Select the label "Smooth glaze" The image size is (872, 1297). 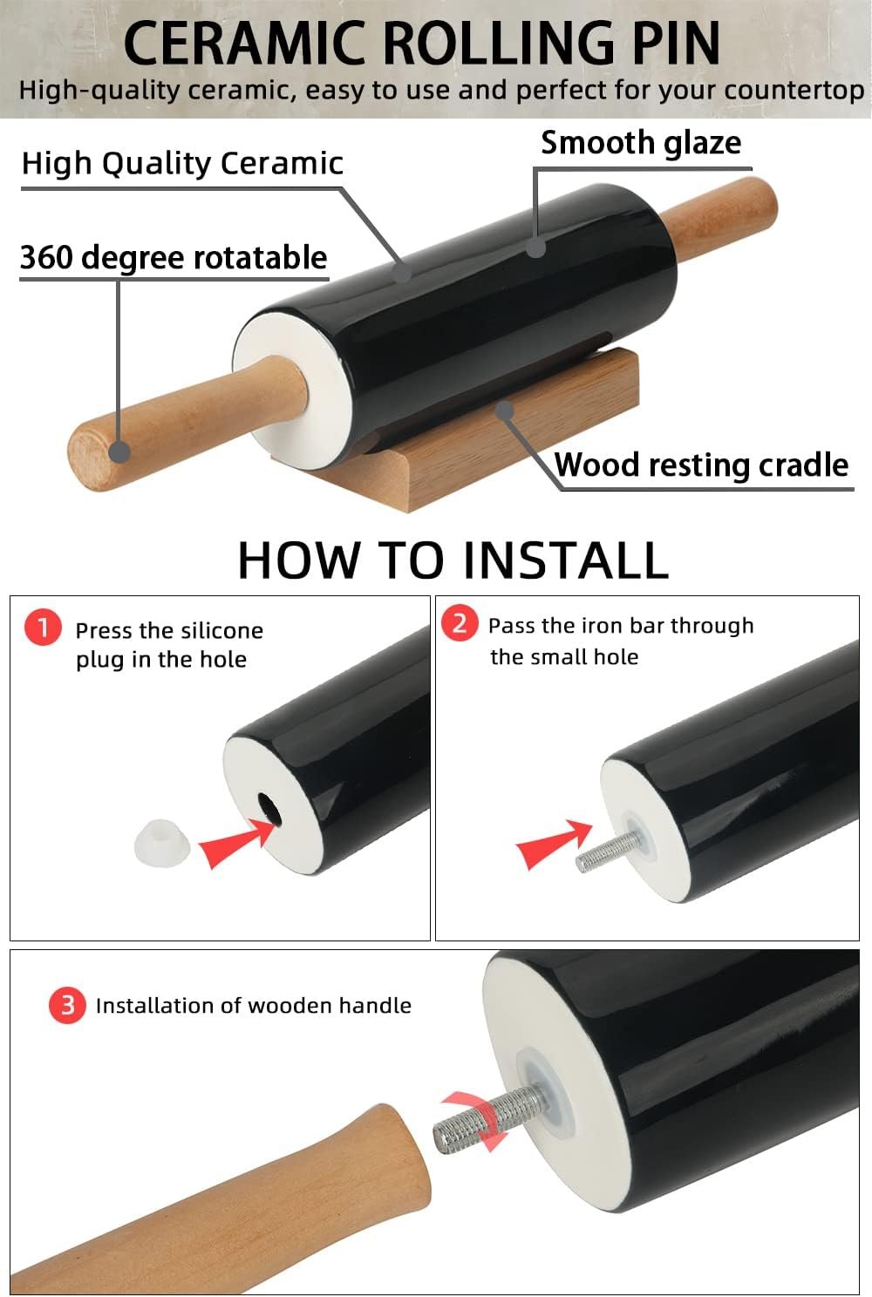[641, 143]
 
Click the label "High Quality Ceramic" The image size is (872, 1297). [182, 163]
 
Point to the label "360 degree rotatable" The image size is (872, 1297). [174, 258]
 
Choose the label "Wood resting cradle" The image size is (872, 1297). [702, 465]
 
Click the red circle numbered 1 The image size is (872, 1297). [43, 627]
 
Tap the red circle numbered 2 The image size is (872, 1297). [460, 623]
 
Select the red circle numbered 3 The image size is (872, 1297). [67, 1005]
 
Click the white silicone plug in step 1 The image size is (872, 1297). [161, 843]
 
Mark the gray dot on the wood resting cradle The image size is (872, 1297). [505, 410]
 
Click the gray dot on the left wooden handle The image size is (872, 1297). [119, 452]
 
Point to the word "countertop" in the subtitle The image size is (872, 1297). [794, 91]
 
